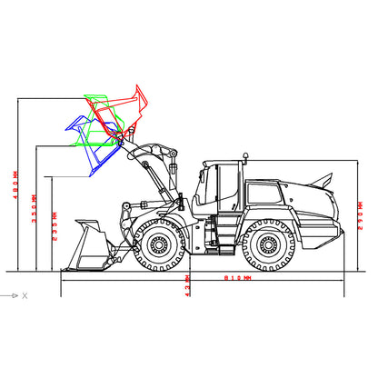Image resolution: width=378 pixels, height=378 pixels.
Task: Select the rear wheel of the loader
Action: [x=268, y=245]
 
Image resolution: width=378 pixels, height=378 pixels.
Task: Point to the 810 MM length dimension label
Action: [x=222, y=279]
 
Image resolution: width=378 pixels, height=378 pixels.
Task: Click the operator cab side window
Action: [x=224, y=183]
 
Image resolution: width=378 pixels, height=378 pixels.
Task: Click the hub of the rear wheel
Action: [x=268, y=245]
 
